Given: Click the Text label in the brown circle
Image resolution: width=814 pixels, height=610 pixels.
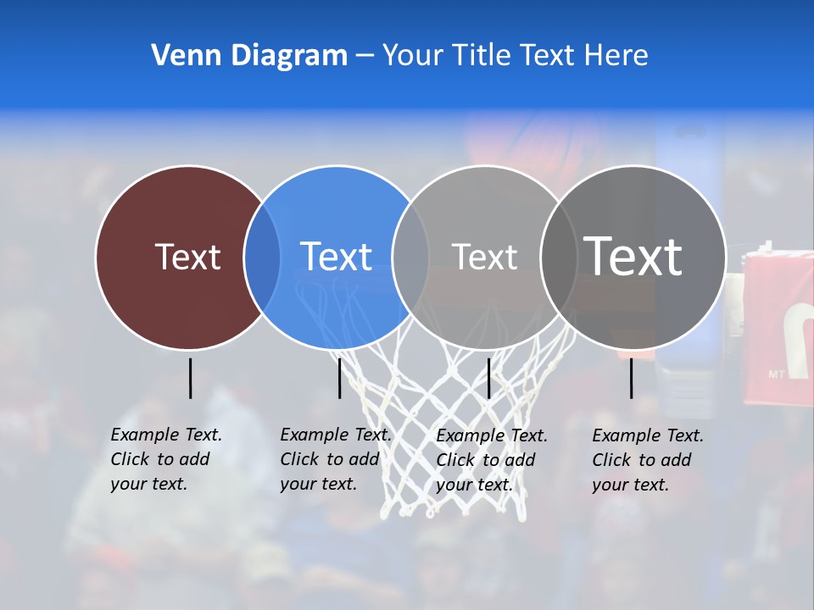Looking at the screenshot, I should coord(187,257).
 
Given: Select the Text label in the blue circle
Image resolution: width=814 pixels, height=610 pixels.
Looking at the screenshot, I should coord(336,257).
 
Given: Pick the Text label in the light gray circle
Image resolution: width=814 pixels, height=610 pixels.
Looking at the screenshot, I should coord(484,257).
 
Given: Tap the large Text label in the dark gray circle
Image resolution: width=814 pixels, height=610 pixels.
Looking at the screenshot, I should coord(633,256).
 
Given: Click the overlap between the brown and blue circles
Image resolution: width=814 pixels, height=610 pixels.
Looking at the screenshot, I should coord(262,257).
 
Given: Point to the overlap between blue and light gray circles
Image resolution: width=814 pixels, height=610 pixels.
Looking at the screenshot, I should coord(410,257).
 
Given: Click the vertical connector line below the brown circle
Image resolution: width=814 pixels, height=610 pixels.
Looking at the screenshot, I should coord(190,378).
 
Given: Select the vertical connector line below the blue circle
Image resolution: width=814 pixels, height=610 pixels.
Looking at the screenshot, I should coord(339,378).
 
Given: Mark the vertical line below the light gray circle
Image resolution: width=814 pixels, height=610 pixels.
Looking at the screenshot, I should coord(488,378).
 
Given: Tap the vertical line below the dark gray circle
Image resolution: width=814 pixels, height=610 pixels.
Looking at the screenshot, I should coord(631,378).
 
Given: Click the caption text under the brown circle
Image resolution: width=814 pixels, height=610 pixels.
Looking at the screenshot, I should coord(165,459).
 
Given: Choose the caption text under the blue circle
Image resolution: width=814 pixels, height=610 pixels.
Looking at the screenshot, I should coord(335,459).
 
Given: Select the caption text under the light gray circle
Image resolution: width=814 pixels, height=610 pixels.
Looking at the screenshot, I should coord(491,460).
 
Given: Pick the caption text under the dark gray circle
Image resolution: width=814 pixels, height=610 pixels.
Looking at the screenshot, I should coord(647,460).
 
